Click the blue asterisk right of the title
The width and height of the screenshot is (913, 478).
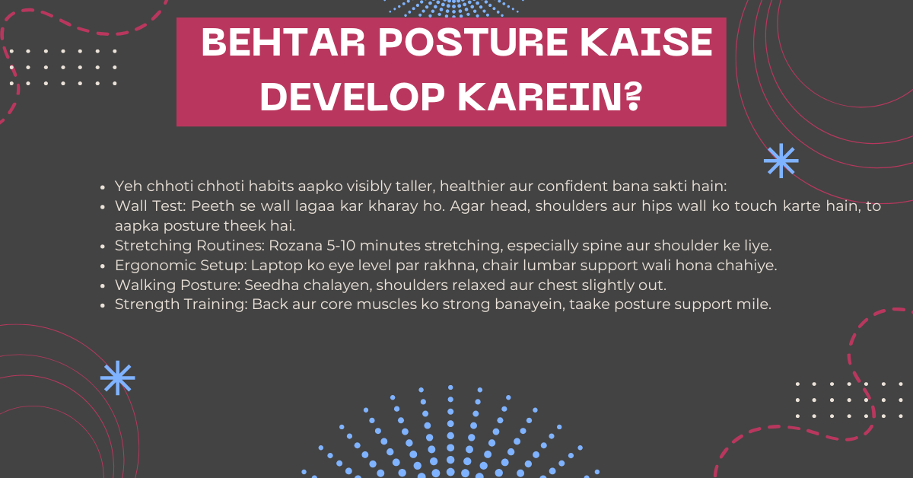781,161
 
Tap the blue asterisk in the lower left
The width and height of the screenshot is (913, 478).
118,378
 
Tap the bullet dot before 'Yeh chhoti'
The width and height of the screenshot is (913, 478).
103,187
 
